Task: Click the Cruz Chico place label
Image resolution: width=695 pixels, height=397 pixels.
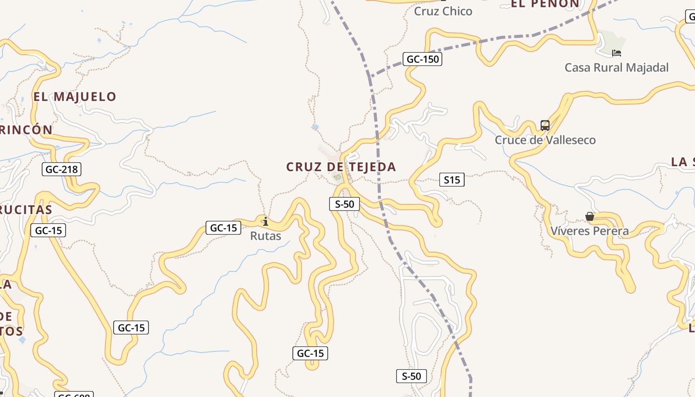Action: coord(443,11)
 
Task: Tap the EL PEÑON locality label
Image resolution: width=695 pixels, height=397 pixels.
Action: coord(545,4)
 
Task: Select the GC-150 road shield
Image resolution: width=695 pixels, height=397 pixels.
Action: coord(422,60)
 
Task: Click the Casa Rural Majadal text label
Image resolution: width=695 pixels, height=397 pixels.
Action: coord(617,67)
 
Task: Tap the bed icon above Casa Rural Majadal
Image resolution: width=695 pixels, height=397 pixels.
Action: coord(617,53)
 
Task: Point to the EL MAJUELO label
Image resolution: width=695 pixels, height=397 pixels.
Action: coord(75,96)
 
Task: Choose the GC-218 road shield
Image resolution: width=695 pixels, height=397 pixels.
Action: coord(62,169)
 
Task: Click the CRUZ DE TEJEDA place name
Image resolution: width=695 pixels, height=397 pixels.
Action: coord(341,167)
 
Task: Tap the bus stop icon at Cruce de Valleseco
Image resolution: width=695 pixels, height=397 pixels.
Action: coord(545,126)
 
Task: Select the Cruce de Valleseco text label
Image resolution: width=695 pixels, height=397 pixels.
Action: coord(545,140)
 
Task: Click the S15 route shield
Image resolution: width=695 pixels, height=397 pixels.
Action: coord(452,180)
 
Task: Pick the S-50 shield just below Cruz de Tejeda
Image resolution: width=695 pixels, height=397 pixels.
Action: coord(345,203)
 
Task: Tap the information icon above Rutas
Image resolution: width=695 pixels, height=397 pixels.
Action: coord(266,221)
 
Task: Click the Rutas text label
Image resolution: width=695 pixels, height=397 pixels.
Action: coord(266,236)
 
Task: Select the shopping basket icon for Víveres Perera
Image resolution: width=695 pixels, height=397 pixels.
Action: coord(590,216)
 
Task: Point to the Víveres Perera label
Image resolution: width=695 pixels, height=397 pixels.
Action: coord(590,231)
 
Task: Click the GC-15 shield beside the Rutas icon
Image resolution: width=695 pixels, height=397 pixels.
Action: coord(223,228)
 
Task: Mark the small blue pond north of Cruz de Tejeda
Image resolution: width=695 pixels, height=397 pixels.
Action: coord(316,128)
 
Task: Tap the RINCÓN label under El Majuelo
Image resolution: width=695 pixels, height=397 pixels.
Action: coord(26,130)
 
